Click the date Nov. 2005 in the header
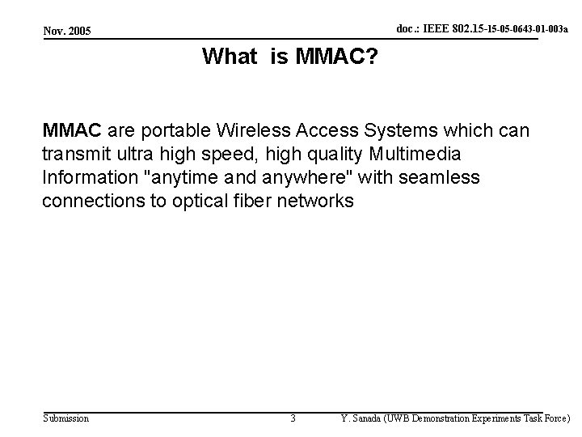69,31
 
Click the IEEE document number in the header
481,28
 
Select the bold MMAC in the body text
72,129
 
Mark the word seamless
442,177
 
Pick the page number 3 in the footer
293,418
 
